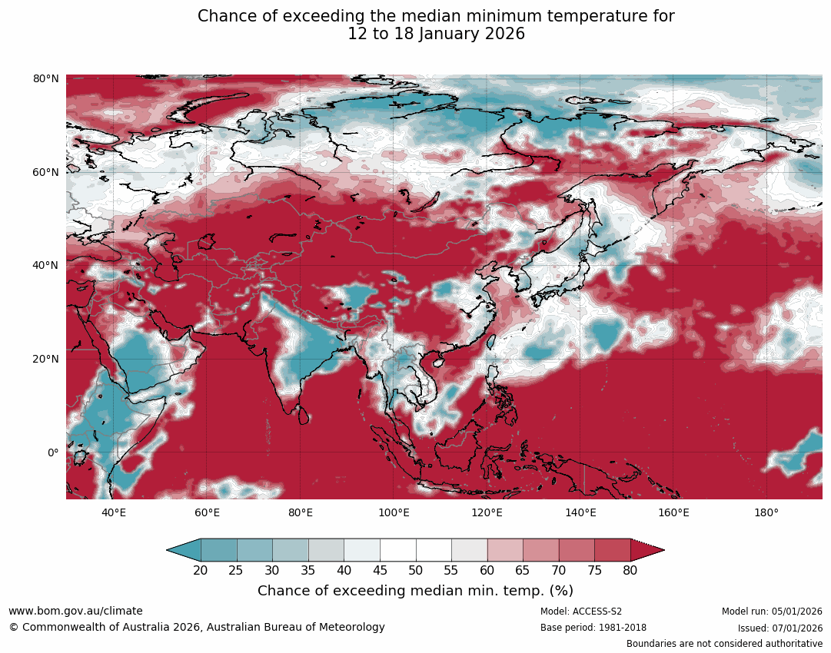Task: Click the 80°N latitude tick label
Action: [46, 79]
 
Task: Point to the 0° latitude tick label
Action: [52, 452]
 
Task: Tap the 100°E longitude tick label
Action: [394, 513]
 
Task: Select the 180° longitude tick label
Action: [766, 513]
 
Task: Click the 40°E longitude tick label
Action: [114, 513]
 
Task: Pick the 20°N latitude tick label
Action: [46, 359]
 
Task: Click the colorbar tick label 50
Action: [416, 570]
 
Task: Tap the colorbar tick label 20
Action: [201, 570]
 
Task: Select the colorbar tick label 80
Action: [630, 570]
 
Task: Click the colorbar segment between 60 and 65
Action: [505, 550]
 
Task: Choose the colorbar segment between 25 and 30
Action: [254, 550]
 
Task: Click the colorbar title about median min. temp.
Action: [415, 591]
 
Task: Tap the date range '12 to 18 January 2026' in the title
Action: [436, 34]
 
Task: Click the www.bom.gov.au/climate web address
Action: [75, 611]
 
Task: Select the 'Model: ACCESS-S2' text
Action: [580, 612]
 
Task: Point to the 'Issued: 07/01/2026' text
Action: [779, 628]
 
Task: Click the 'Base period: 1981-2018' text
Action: [593, 628]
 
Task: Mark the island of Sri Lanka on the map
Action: [304, 416]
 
